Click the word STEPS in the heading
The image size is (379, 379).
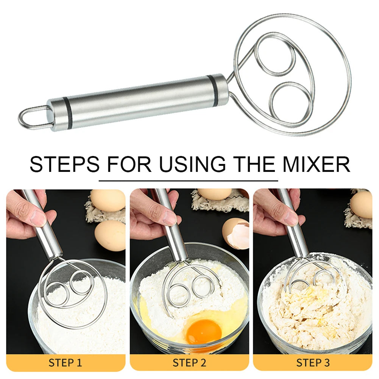64,164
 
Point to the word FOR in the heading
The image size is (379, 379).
129,164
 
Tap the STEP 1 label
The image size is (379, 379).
65,363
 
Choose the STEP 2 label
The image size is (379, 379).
189,363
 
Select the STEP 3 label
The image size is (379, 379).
313,363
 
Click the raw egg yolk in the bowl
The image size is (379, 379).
204,331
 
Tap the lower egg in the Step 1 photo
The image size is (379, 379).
110,235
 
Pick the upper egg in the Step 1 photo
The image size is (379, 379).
108,200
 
